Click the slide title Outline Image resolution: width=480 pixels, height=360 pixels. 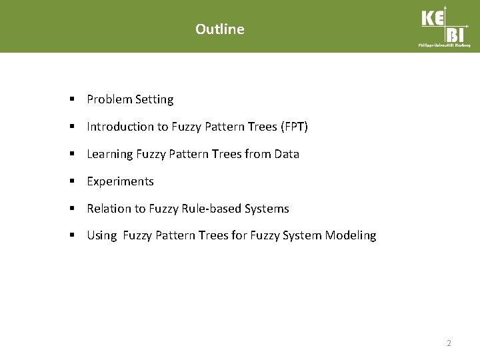tap(220, 29)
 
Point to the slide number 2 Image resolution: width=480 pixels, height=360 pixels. tap(449, 343)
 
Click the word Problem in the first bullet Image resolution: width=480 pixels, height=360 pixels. tap(109, 99)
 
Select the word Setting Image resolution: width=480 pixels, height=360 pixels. tap(154, 99)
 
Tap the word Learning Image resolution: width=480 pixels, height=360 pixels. tap(110, 154)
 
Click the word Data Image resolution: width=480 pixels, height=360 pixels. tap(286, 154)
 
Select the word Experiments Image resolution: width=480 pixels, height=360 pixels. tap(120, 181)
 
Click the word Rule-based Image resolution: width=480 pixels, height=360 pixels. tap(212, 209)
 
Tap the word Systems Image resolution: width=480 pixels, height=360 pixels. tap(267, 209)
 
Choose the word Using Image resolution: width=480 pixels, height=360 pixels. tap(102, 235)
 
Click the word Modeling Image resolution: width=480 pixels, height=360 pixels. tap(351, 235)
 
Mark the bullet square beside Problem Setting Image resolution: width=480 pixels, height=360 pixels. tap(71, 99)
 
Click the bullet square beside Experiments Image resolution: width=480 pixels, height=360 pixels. tap(71, 181)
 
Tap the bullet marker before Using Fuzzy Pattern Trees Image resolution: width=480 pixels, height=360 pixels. tap(71, 235)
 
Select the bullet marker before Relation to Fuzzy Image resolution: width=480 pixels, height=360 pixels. tap(71, 209)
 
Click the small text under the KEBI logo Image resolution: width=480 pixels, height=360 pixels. tap(444, 45)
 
